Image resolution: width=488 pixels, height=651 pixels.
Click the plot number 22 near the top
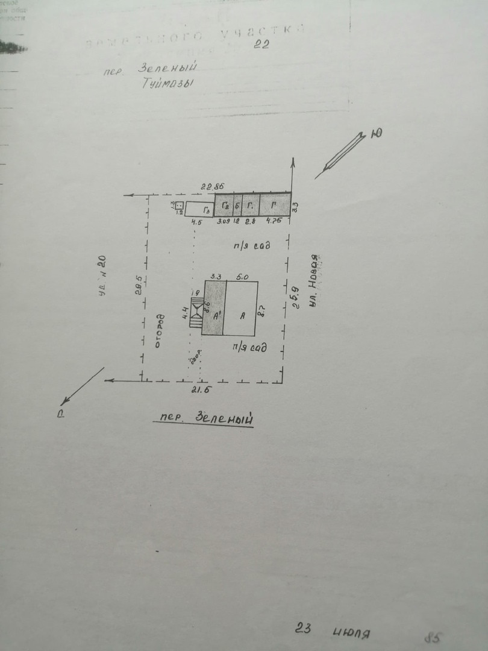coord(261,43)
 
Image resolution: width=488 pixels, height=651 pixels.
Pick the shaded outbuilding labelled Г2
coord(224,206)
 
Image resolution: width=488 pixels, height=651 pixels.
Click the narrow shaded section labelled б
coord(237,206)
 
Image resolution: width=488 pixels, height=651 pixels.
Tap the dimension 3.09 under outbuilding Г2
coord(224,222)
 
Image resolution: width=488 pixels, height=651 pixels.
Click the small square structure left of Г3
coord(179,206)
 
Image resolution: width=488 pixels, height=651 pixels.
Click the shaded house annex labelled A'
coord(213,308)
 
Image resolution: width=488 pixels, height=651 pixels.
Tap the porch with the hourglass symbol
coord(196,312)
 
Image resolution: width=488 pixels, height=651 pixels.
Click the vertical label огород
coord(159,331)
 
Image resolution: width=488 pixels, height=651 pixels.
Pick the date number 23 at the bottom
coord(303,628)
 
